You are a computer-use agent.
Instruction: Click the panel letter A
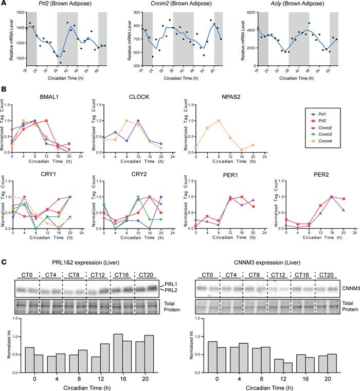click(4, 4)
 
